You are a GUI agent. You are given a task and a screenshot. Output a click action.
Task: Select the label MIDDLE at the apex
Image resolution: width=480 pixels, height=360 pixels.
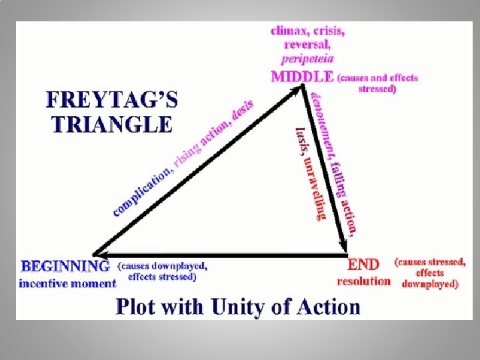[302, 76]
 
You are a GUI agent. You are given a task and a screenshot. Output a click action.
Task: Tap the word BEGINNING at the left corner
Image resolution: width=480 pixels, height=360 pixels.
[65, 267]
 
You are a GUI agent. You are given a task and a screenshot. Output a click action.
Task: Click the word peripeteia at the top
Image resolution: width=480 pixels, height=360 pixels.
[307, 58]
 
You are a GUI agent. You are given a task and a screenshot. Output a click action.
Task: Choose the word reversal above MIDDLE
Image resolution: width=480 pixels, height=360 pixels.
[307, 44]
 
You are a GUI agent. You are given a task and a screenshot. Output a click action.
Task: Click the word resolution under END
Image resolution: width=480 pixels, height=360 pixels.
[363, 281]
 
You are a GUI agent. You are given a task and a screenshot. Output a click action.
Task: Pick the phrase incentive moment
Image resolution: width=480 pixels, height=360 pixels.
[67, 283]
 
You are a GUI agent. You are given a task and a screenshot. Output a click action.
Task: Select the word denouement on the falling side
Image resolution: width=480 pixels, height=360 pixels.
[321, 120]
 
